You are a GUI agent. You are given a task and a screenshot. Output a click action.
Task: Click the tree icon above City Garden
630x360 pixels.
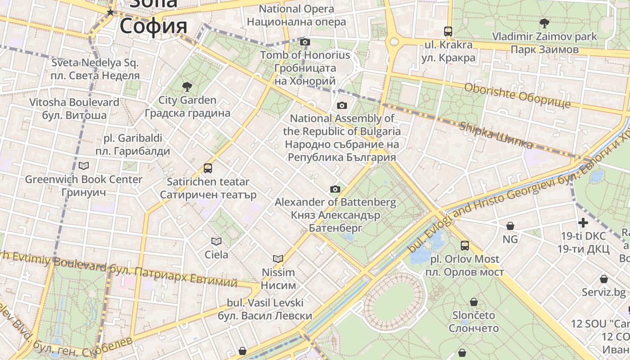[x=187, y=86]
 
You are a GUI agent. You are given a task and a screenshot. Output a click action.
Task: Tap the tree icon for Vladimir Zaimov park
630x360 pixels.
[x=544, y=23]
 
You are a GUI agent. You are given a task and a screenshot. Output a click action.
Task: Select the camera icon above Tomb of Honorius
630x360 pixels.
[x=305, y=42]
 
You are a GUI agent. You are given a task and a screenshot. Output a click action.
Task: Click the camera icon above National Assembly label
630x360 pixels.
[x=342, y=106]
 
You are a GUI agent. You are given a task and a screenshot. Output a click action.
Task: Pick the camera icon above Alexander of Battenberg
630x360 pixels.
[x=335, y=189]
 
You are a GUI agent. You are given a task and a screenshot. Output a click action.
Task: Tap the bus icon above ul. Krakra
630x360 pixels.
[x=448, y=31]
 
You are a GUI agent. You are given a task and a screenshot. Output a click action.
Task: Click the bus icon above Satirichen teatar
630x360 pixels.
[x=207, y=168]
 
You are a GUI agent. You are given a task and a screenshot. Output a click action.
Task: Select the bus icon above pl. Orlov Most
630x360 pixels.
[x=465, y=246]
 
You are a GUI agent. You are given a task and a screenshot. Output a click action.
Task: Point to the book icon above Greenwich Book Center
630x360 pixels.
[x=84, y=166]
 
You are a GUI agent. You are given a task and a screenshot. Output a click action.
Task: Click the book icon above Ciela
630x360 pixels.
[x=216, y=241]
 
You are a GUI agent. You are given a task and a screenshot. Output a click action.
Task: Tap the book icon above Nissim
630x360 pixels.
[x=278, y=259]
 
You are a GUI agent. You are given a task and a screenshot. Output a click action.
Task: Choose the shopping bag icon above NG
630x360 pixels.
[x=510, y=226]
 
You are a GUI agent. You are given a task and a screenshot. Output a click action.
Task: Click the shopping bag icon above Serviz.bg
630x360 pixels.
[x=603, y=279]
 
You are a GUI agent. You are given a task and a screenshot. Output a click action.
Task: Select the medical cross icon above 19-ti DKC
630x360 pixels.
[x=583, y=222]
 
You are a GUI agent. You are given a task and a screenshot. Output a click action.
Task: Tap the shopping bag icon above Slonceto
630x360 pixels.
[x=473, y=301]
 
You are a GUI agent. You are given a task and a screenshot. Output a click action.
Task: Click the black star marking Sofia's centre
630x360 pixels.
[x=110, y=13]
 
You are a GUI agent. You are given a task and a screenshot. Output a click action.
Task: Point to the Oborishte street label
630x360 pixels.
[x=517, y=95]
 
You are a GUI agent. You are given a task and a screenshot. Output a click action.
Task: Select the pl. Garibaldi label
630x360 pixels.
[x=133, y=144]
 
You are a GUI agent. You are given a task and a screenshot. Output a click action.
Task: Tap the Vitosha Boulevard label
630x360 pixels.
[x=74, y=108]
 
